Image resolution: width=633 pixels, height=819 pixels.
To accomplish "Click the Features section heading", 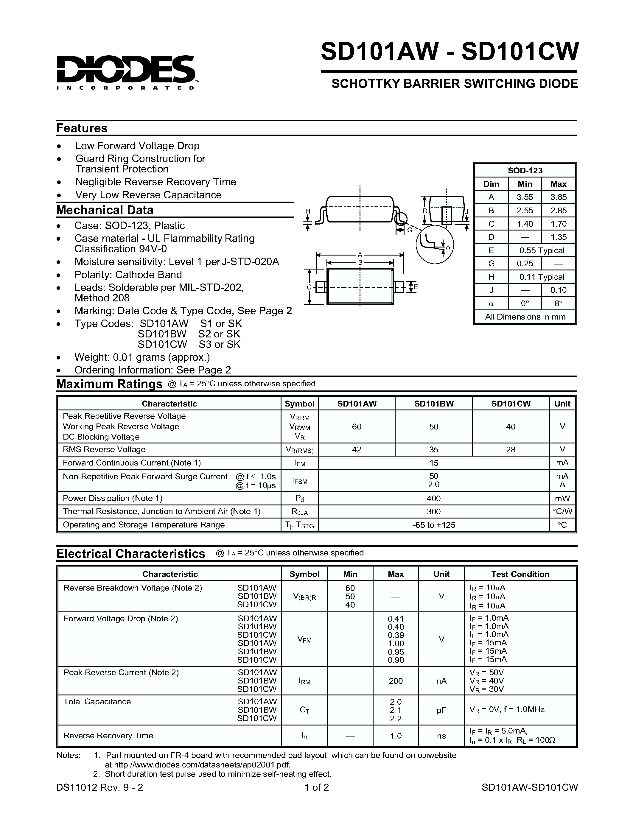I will [x=82, y=128].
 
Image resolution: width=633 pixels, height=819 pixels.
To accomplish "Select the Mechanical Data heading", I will [x=105, y=210].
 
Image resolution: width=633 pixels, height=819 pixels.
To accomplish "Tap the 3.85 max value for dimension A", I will [x=558, y=197].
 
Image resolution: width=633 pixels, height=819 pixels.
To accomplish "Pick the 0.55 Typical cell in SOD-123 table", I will [x=541, y=250].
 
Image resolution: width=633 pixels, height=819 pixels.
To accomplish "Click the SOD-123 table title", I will [x=525, y=170].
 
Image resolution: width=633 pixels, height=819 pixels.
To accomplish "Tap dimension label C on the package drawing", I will [x=309, y=287].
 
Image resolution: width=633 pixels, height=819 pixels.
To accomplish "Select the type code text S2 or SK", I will [x=219, y=334].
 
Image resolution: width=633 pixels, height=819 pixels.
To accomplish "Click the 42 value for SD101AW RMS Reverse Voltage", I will [x=356, y=449].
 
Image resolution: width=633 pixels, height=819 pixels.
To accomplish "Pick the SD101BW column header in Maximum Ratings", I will [x=433, y=404].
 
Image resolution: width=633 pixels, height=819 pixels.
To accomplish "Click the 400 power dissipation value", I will [x=433, y=498].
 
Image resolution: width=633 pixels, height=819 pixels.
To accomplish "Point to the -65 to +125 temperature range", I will [x=433, y=525].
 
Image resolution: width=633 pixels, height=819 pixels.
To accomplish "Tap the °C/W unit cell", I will [x=562, y=511].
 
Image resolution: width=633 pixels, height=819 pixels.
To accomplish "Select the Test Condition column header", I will [x=520, y=574].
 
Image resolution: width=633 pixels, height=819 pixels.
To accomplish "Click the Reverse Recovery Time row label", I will [x=108, y=736].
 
